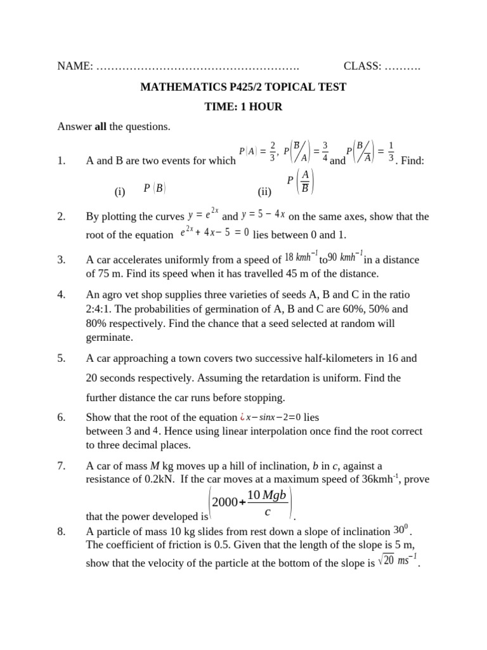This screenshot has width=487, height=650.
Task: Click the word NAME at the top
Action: click(75, 66)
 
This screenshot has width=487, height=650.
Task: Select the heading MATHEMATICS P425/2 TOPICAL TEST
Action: click(243, 87)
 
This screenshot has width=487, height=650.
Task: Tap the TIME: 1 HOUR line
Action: click(243, 107)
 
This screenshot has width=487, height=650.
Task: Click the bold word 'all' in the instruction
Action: click(100, 127)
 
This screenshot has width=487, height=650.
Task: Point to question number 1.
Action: click(62, 161)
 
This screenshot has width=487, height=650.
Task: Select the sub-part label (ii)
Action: click(264, 191)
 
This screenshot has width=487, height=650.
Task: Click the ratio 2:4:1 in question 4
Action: click(101, 309)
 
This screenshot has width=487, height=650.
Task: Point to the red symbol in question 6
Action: click(242, 417)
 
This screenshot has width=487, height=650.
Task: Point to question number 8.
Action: click(62, 532)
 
